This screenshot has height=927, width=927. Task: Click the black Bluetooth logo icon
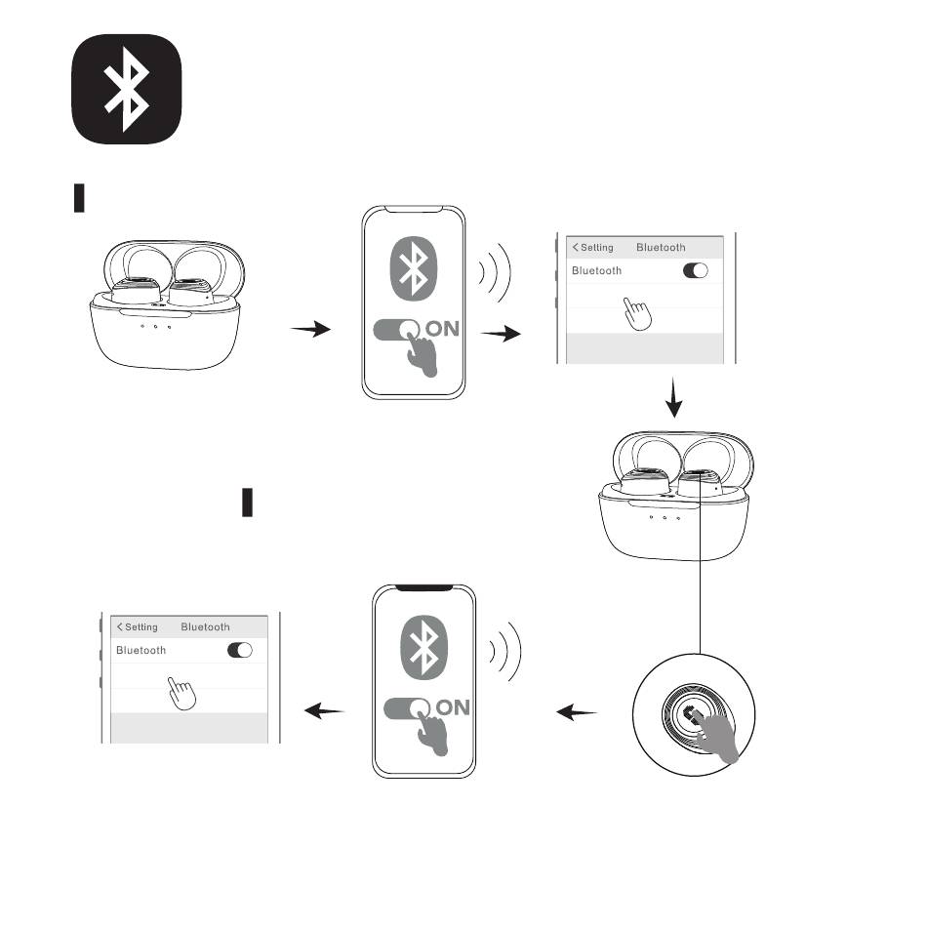(127, 89)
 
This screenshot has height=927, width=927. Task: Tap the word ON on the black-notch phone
(453, 707)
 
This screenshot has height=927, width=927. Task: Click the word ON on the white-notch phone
(442, 329)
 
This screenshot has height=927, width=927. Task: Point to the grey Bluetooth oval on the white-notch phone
(415, 267)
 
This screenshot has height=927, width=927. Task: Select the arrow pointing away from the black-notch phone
(325, 712)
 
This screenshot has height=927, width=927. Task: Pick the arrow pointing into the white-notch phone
(311, 331)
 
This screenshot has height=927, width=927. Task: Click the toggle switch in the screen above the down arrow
(696, 270)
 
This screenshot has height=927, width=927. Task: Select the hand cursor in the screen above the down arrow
(637, 315)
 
